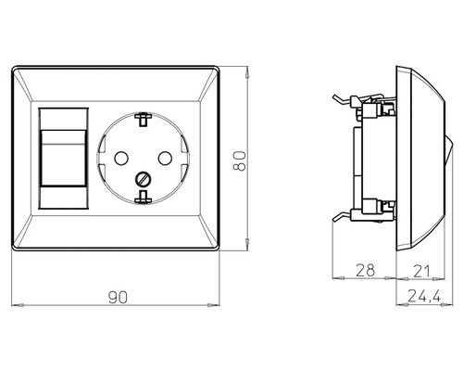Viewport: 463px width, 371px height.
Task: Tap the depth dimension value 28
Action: [365, 270]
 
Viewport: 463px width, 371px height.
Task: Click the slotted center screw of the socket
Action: [144, 178]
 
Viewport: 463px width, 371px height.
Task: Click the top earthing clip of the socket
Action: [144, 118]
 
